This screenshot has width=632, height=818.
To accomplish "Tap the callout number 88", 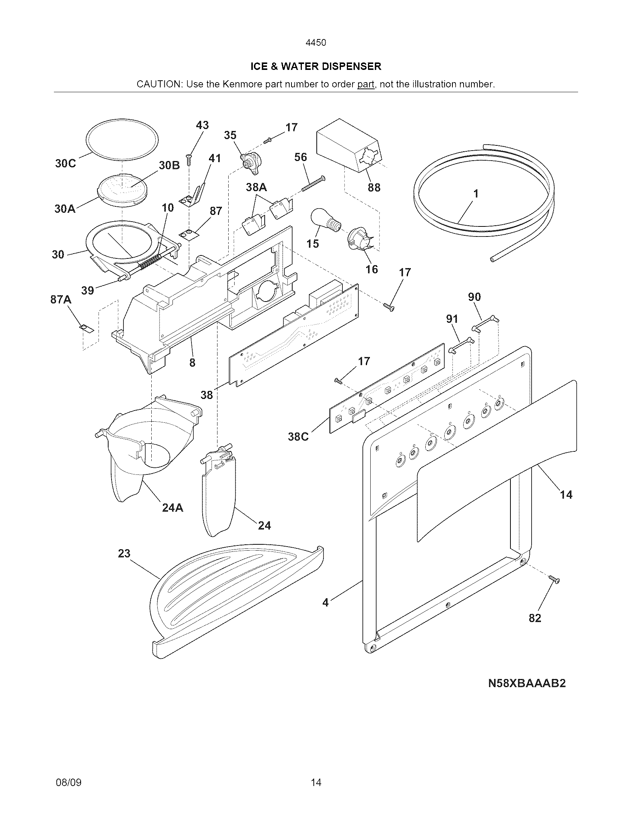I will tap(374, 187).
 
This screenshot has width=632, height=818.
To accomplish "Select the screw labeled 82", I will tap(554, 579).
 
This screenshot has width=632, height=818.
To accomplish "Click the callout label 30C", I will tap(65, 163).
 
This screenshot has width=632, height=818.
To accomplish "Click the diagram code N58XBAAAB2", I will tap(526, 683).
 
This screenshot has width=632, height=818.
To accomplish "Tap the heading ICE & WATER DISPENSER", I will tap(316, 67).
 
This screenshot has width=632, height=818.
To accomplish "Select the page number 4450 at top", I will tap(316, 43).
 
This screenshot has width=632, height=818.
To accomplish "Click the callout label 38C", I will tap(298, 437).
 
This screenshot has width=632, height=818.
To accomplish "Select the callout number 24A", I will tap(172, 508).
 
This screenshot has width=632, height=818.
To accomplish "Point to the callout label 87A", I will tap(61, 300).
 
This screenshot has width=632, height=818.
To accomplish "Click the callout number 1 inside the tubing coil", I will tap(475, 194).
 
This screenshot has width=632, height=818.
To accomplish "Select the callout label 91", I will tap(452, 319).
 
